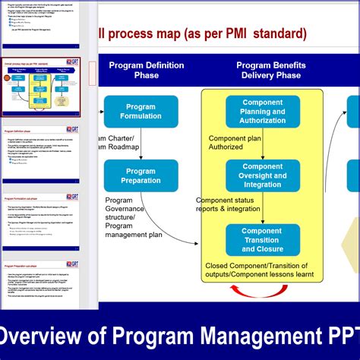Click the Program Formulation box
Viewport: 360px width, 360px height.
coord(141,112)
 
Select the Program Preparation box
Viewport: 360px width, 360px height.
coord(141,175)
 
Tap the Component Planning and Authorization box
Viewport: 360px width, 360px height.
coord(261,111)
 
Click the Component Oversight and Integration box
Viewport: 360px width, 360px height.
coord(261,175)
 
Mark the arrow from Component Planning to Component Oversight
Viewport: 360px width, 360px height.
coord(261,144)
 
